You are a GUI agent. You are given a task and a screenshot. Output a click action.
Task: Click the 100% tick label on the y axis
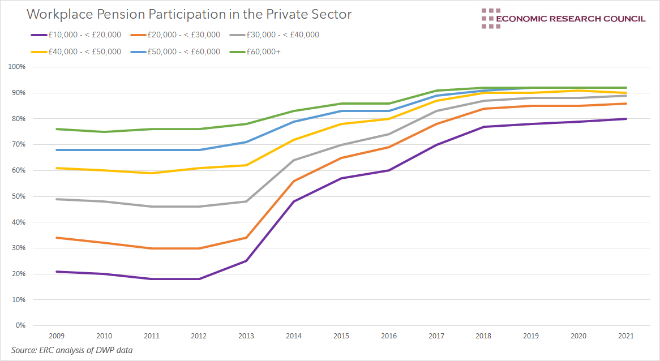tap(18, 67)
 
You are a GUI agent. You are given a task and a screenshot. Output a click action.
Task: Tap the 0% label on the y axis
tap(21, 325)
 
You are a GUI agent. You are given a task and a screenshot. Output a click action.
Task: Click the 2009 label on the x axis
tap(56, 336)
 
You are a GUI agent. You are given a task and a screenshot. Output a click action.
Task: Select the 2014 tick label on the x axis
tap(294, 336)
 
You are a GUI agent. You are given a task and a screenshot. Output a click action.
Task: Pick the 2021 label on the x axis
tap(625, 336)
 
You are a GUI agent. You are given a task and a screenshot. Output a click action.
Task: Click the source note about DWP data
tap(72, 350)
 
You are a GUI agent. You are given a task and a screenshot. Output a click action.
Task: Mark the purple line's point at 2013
tap(247, 261)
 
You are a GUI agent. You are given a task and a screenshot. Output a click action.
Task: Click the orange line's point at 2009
tap(56, 238)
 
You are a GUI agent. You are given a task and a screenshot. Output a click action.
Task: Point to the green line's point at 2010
tap(104, 132)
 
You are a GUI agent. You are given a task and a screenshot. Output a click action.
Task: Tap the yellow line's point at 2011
tap(152, 173)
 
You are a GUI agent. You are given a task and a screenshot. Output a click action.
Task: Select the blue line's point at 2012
tap(199, 150)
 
